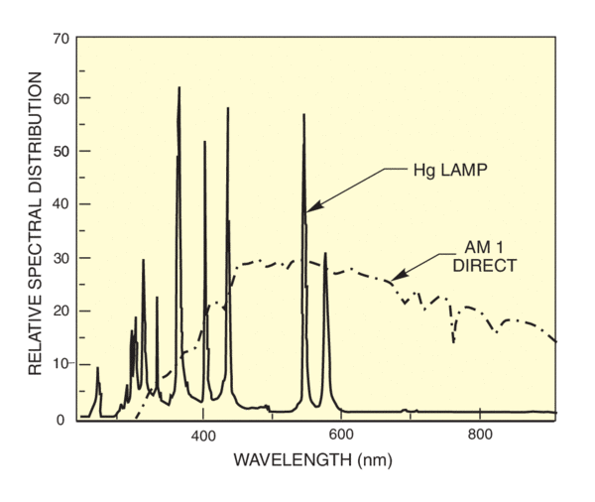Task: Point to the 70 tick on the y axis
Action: [60, 39]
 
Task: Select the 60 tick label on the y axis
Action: [60, 98]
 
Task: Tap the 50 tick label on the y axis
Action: [60, 151]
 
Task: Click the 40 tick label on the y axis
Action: [60, 204]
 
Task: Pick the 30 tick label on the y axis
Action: [60, 258]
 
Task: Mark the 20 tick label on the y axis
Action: [60, 311]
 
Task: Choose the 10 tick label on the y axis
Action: [60, 364]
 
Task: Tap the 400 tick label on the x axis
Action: [203, 436]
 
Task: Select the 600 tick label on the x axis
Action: [341, 436]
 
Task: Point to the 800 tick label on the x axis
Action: [479, 436]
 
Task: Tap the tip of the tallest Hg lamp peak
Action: [179, 87]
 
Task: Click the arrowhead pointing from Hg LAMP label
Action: [307, 209]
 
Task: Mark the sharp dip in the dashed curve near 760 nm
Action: [453, 342]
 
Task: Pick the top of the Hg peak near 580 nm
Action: [324, 254]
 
